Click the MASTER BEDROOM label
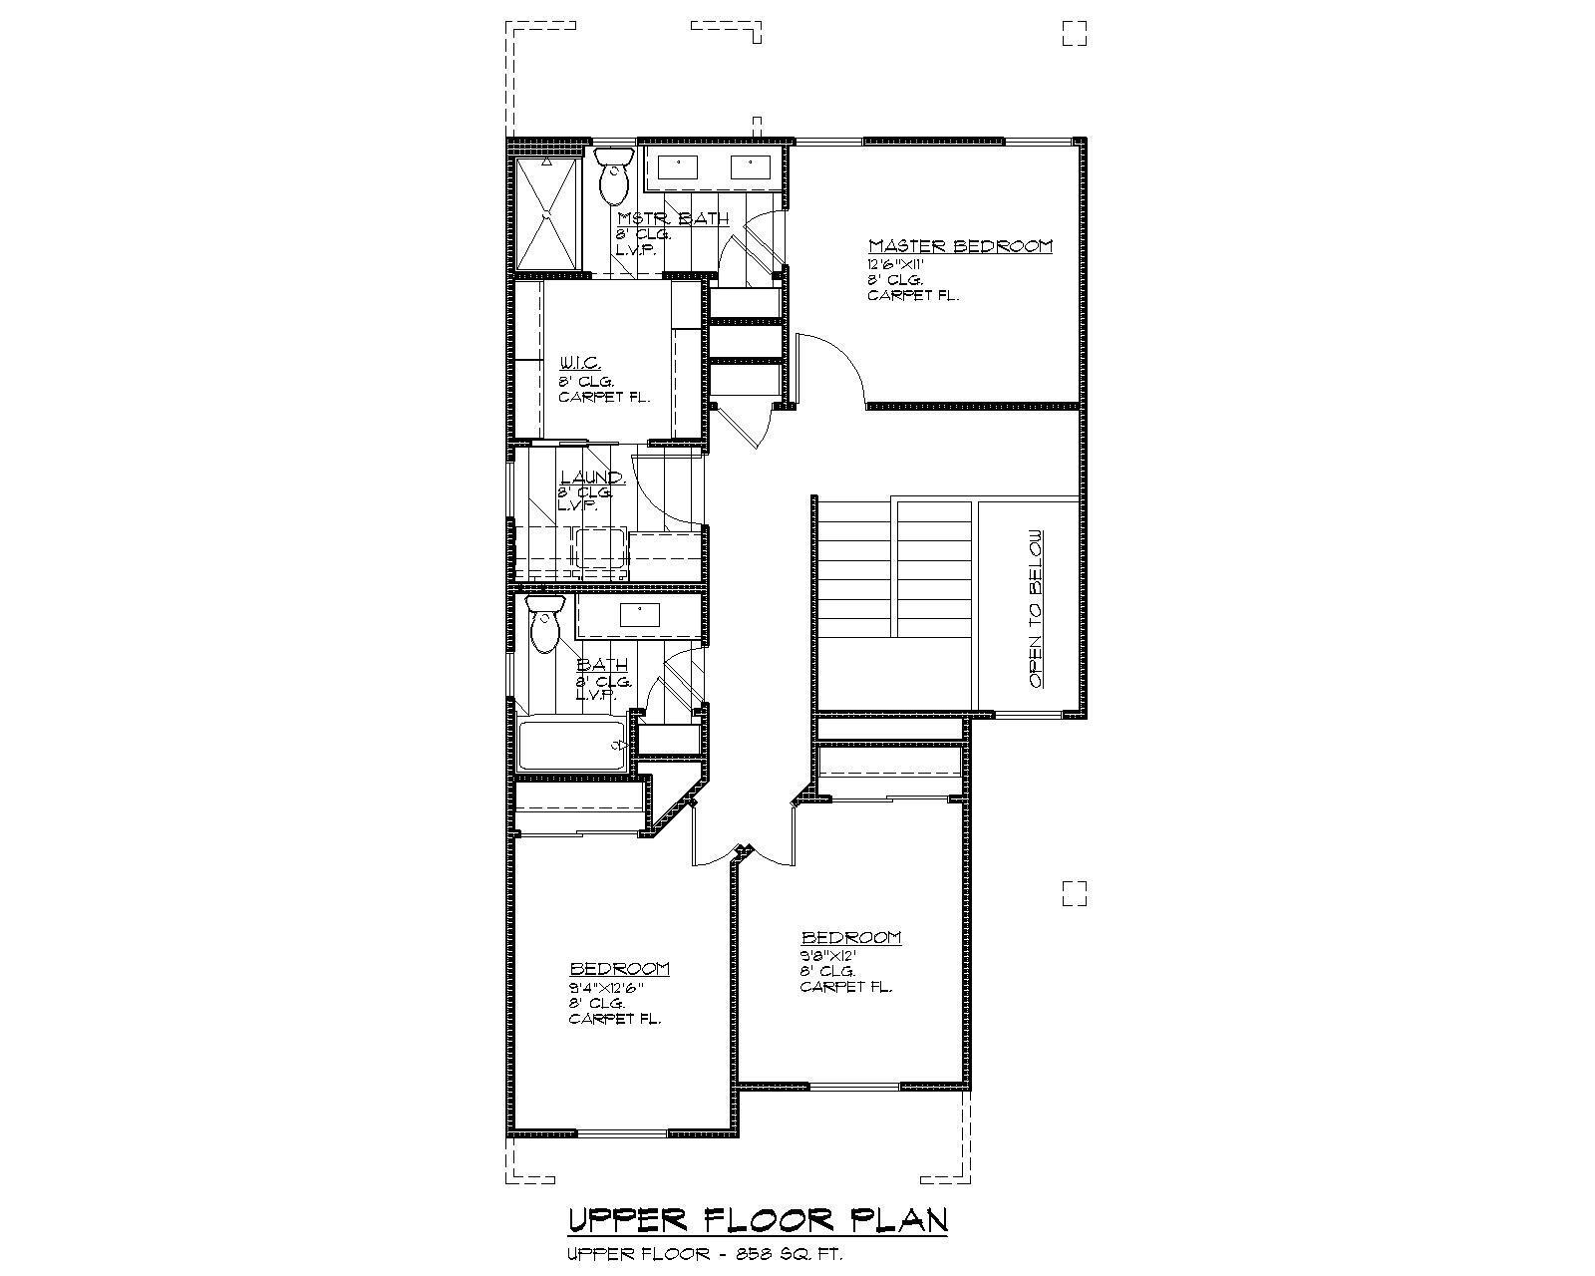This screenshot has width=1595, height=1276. [x=960, y=246]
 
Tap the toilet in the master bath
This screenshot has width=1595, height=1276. [x=612, y=175]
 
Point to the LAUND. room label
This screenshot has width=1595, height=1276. [x=592, y=478]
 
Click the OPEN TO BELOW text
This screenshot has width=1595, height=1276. [x=1037, y=608]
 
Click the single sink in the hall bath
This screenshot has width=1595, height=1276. [x=638, y=614]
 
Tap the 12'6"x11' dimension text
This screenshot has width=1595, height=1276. [x=897, y=265]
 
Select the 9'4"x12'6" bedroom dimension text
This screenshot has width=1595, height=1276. [x=606, y=988]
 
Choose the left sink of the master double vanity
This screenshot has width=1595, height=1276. [x=679, y=167]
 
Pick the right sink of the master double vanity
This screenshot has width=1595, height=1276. [x=749, y=167]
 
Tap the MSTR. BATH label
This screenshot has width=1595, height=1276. [x=673, y=219]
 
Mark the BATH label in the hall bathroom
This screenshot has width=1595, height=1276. [x=602, y=665]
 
